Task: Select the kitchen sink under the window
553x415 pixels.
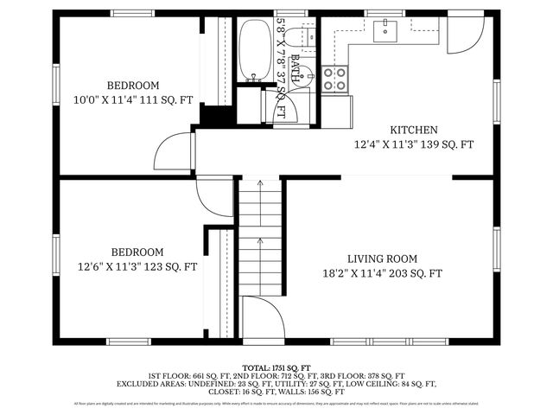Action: tap(385, 32)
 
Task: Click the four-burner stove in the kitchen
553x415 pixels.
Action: tap(335, 80)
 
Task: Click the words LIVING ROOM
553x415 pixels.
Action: tap(382, 259)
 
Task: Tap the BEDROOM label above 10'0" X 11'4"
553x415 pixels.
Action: tap(133, 85)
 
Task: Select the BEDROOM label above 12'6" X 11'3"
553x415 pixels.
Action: tap(133, 252)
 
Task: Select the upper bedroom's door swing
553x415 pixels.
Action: tap(173, 152)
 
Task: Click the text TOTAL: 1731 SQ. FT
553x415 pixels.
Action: tap(276, 367)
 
